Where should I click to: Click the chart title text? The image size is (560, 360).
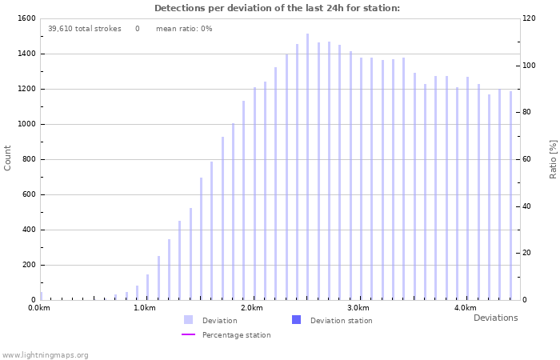[x=277, y=8]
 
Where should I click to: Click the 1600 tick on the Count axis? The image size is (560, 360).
[x=26, y=18]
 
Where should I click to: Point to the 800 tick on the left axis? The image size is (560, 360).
[x=28, y=159]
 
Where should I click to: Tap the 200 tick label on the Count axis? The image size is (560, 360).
[x=28, y=265]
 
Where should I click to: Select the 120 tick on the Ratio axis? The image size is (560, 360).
[x=529, y=18]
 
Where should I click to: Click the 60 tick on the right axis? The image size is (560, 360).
[x=526, y=159]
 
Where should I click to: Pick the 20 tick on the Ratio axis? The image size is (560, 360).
[x=526, y=253]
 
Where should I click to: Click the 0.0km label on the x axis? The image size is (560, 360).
[x=39, y=308]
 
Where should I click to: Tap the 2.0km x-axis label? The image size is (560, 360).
[x=252, y=308]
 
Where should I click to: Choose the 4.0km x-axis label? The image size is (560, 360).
[x=465, y=308]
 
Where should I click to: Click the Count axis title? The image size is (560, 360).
[x=8, y=158]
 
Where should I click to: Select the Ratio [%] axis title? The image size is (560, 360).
[x=553, y=158]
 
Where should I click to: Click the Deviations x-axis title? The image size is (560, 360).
[x=495, y=318]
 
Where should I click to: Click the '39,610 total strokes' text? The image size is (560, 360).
[x=84, y=29]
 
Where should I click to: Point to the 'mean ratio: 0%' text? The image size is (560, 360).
[x=184, y=29]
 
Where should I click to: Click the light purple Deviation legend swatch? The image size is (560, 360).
[x=188, y=320]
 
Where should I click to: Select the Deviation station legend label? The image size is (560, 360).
[x=341, y=321]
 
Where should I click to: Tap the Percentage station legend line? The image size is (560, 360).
[x=188, y=335]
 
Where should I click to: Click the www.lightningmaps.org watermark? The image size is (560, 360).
[x=45, y=355]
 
